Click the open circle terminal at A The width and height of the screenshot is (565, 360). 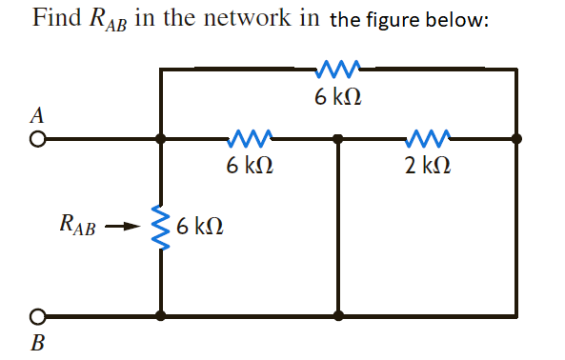pyautogui.click(x=36, y=138)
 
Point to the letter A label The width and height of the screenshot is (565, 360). pyautogui.click(x=36, y=115)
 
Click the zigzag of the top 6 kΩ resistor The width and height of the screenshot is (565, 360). pyautogui.click(x=338, y=68)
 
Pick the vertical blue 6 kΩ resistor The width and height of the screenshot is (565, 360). pyautogui.click(x=160, y=228)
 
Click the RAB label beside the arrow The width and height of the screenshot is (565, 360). pyautogui.click(x=76, y=227)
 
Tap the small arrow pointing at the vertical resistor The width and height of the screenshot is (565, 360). pyautogui.click(x=123, y=228)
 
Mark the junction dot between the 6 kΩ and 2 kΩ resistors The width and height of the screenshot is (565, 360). pyautogui.click(x=338, y=138)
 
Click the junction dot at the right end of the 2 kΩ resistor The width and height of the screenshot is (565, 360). pyautogui.click(x=516, y=138)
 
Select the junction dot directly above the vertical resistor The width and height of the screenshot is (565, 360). pyautogui.click(x=160, y=138)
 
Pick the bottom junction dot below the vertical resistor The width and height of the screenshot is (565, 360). pyautogui.click(x=160, y=315)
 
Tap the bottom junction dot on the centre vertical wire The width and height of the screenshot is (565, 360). pyautogui.click(x=338, y=315)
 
